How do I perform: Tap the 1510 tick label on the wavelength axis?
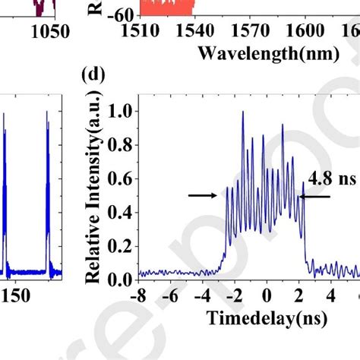click(x=141, y=32)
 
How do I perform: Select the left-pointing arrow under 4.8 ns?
click(x=317, y=196)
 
